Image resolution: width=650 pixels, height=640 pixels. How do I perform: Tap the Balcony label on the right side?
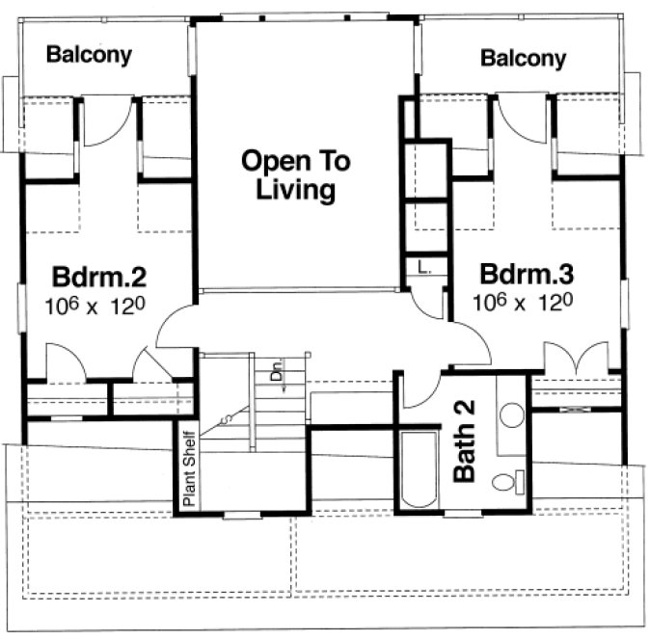[523, 58]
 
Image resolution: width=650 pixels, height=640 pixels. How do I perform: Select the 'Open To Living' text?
[296, 174]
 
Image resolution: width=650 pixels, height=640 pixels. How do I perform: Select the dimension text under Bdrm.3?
[523, 301]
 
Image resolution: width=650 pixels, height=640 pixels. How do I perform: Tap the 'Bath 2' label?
[465, 440]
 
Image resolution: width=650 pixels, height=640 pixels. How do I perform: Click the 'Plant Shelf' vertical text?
[189, 467]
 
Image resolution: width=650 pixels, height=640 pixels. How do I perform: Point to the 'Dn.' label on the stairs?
[276, 370]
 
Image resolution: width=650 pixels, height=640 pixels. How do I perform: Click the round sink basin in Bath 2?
[512, 415]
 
